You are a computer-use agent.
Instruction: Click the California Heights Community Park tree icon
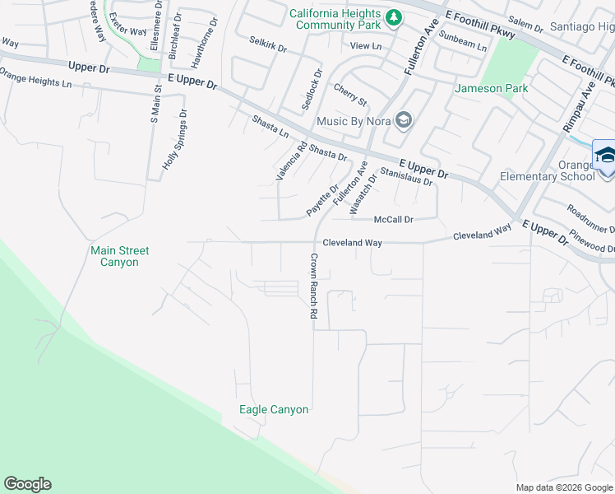click(395, 17)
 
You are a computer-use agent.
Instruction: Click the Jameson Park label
click(490, 88)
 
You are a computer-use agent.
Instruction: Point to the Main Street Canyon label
click(114, 256)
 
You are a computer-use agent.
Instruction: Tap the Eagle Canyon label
click(274, 409)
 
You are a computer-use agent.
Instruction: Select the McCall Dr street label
click(393, 220)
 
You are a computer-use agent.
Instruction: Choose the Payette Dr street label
click(322, 200)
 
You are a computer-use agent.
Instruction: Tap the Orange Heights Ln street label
click(30, 82)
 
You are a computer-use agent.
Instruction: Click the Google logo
click(27, 484)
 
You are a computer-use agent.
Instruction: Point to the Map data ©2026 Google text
click(563, 487)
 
